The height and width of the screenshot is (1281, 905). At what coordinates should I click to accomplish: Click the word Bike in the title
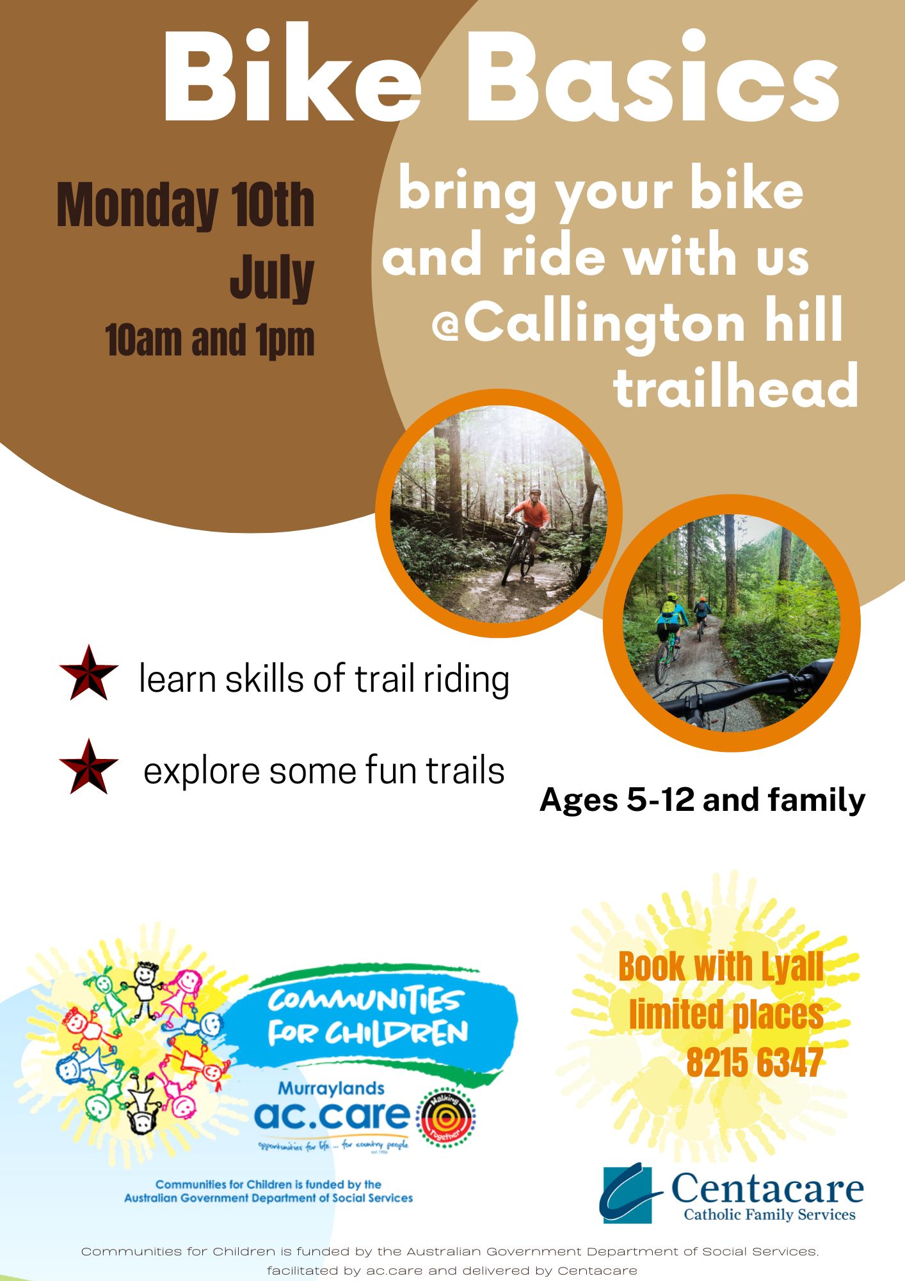pos(292,76)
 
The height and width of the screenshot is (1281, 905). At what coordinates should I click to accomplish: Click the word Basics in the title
pos(653,76)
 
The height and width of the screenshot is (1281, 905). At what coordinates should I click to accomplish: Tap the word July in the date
pos(272,277)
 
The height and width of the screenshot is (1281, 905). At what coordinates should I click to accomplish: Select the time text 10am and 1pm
pos(210,340)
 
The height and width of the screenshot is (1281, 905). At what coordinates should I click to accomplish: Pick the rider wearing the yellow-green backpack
pos(669,634)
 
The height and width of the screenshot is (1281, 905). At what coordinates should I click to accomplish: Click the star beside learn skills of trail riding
pos(88,673)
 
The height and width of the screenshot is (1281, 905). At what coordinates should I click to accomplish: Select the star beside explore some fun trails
pos(88,767)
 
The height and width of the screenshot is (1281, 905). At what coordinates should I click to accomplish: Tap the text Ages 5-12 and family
pos(702,799)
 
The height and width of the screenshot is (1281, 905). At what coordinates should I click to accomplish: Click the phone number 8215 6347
pos(755,1062)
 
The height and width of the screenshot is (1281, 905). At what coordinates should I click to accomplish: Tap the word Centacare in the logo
pos(767,1189)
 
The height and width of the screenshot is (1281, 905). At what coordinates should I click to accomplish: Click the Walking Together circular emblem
pos(446,1118)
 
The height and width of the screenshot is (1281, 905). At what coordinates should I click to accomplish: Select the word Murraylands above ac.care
pos(331,1088)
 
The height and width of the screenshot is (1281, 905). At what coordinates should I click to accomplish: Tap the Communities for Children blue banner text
pos(368,1017)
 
